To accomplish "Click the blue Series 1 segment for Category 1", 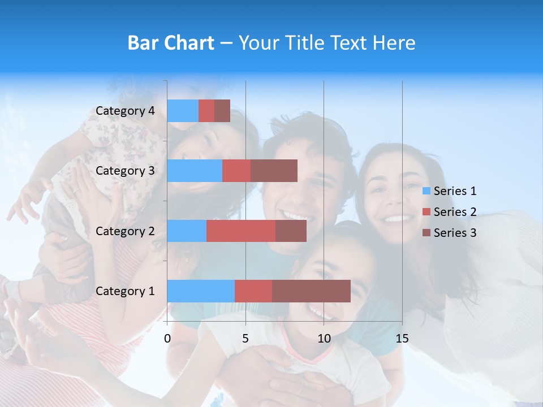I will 201,291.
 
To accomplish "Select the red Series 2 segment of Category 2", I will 241,231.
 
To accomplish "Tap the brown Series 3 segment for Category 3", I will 274,171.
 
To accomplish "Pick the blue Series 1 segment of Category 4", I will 183,111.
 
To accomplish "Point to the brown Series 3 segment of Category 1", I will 311,291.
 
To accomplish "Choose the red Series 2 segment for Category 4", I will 206,111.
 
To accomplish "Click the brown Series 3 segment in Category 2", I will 291,231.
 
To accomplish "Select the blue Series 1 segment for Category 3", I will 195,171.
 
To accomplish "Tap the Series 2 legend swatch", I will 426,212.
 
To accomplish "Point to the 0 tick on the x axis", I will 167,339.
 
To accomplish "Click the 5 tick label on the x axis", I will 245,339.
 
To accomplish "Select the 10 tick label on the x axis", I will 324,339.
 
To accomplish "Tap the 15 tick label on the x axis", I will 402,339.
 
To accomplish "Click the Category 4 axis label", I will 125,111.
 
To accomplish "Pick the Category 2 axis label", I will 125,231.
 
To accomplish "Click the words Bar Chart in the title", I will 171,43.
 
